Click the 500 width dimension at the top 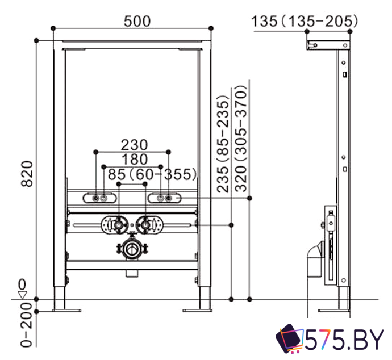(x=137, y=21)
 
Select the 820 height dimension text (x=27, y=174)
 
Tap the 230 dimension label (x=134, y=145)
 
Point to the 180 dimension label (x=135, y=160)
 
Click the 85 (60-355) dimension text (x=152, y=174)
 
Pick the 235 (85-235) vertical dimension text (x=223, y=144)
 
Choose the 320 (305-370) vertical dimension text (x=241, y=139)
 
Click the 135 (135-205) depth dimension (x=305, y=21)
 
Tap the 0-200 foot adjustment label (x=27, y=325)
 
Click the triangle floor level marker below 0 (x=23, y=295)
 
